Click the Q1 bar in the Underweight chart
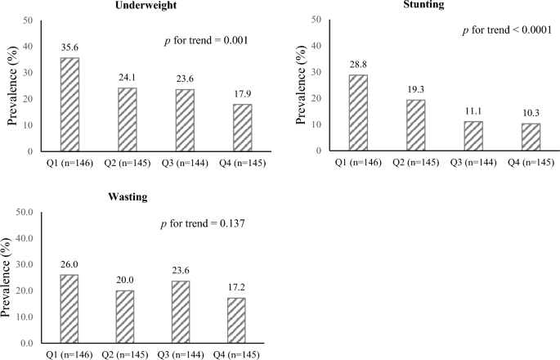(69, 105)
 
